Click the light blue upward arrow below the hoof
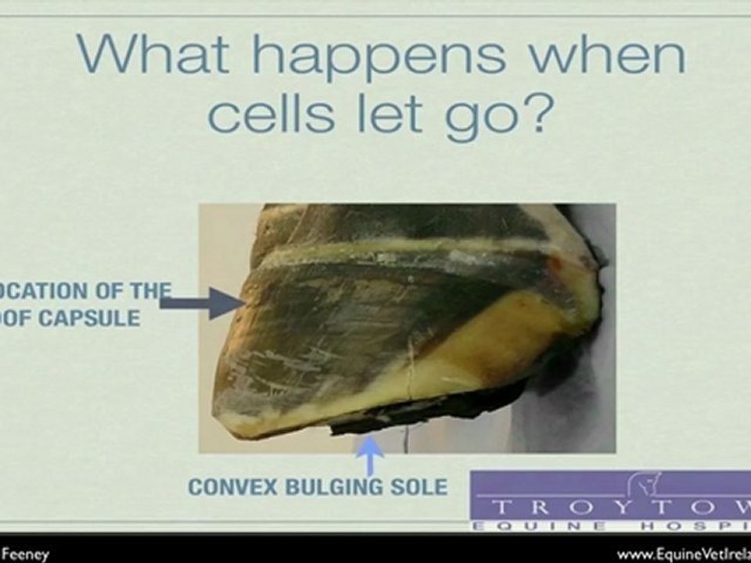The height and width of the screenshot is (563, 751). pyautogui.click(x=369, y=456)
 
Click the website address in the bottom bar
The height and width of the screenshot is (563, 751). pyautogui.click(x=684, y=554)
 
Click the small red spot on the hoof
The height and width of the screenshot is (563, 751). pyautogui.click(x=555, y=263)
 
